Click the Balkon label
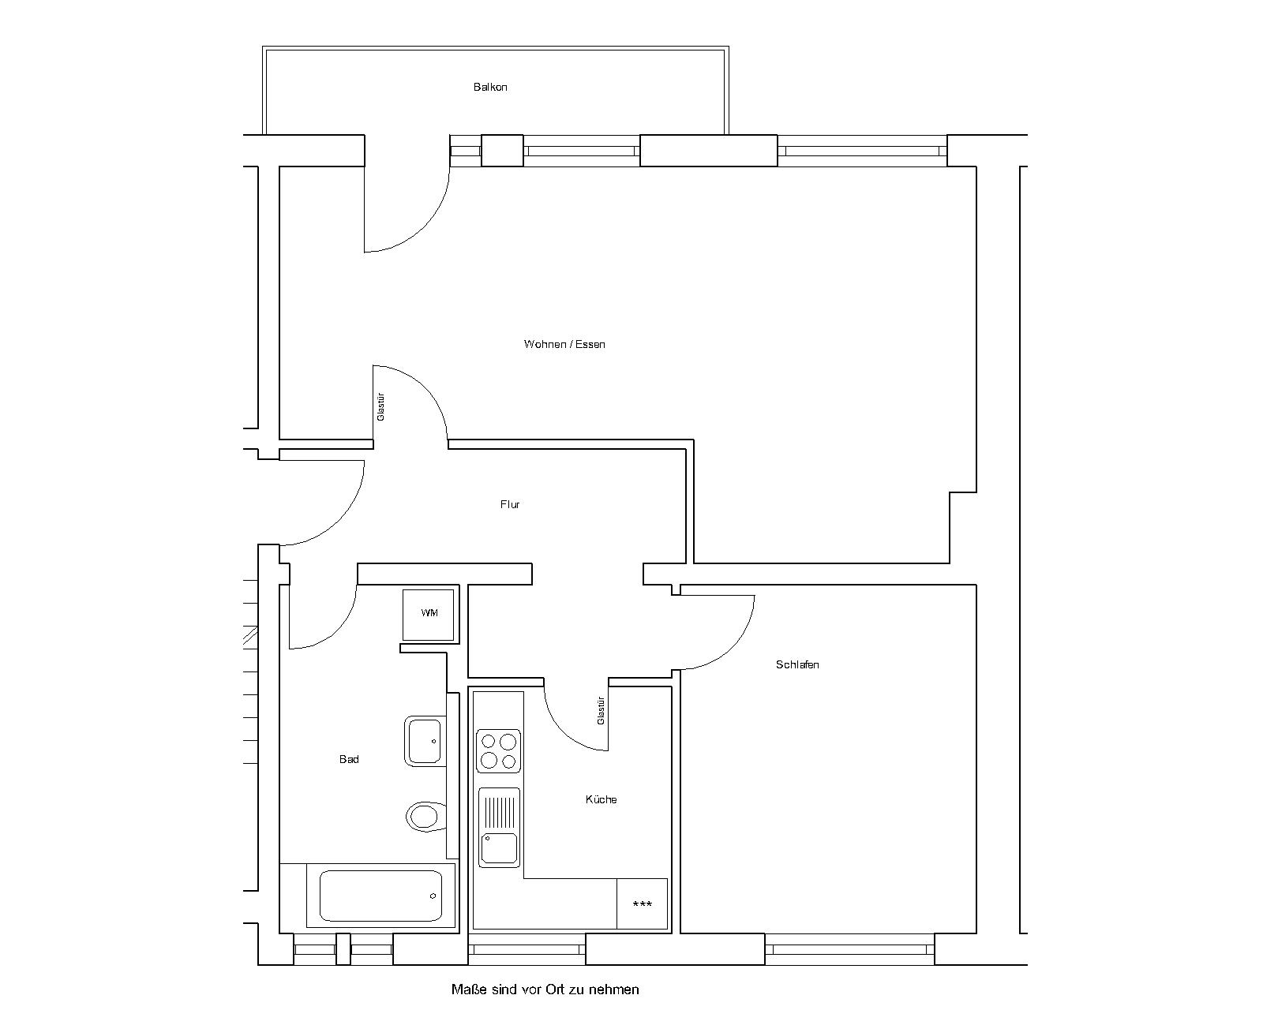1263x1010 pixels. pos(490,87)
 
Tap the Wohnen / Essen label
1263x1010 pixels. pos(564,345)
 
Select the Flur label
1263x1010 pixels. pos(509,504)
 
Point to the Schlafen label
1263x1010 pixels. pos(797,664)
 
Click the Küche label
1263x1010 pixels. pos(601,799)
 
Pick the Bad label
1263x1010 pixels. pos(349,759)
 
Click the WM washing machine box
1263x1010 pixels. pos(429,615)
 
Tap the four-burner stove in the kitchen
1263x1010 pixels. pos(498,750)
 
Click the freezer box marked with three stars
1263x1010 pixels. pos(642,903)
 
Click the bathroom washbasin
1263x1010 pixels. pos(425,741)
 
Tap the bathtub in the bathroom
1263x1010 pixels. pos(381,896)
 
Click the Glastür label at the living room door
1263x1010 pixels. pos(380,406)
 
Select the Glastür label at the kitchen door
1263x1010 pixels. pos(601,711)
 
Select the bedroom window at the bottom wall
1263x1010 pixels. pos(850,949)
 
